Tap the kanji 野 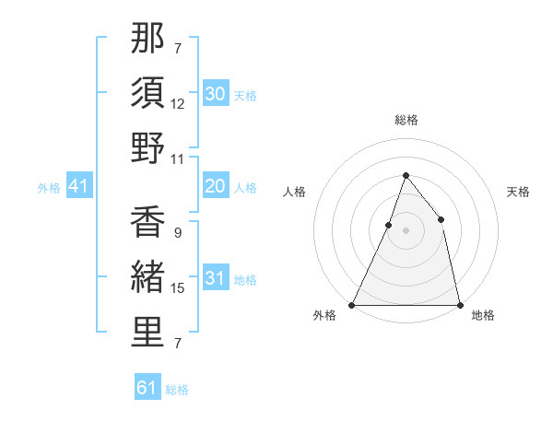pos(148,148)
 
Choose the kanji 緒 pos(148,278)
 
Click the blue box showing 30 pos(216,94)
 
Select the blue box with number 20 pos(216,187)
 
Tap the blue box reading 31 pos(216,279)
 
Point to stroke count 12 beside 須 pos(178,104)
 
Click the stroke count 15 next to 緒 pos(178,288)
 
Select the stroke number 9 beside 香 pos(177,232)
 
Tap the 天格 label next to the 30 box pos(245,95)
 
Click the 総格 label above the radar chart pos(406,120)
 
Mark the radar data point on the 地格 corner pos(459,304)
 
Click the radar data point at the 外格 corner pos(352,304)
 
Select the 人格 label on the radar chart pos(295,192)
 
